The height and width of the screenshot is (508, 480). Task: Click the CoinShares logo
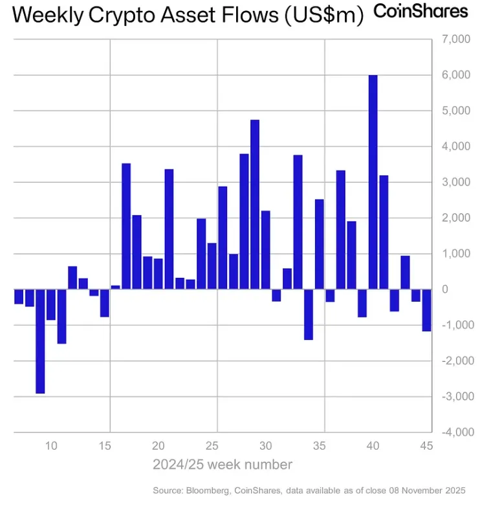(421, 12)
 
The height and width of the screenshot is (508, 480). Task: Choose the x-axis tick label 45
(426, 445)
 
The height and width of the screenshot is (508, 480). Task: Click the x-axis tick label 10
(51, 445)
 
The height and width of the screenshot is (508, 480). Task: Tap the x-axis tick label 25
(212, 445)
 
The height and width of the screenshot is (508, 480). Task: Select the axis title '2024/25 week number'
(223, 465)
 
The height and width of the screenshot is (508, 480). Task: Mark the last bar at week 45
(426, 310)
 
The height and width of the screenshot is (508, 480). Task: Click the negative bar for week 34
(309, 314)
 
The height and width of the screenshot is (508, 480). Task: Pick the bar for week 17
(126, 226)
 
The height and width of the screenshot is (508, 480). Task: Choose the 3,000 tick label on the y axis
(455, 182)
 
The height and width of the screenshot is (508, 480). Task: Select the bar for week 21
(169, 229)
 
